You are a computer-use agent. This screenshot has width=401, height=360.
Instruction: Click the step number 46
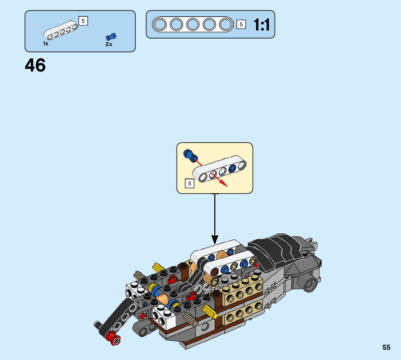click(x=35, y=66)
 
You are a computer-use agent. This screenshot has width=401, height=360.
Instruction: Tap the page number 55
click(x=386, y=347)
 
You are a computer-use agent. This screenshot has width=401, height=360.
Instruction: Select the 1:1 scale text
click(x=261, y=25)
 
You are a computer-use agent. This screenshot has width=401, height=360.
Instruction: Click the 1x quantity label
click(x=46, y=44)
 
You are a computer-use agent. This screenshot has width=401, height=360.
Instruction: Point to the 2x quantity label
click(x=109, y=44)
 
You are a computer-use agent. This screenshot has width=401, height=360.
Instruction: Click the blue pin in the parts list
click(x=111, y=36)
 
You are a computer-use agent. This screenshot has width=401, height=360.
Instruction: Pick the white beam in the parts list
click(x=61, y=31)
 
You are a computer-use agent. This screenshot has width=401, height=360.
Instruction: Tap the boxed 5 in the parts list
click(x=83, y=21)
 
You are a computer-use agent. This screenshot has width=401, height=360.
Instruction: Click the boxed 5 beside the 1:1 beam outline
click(x=241, y=25)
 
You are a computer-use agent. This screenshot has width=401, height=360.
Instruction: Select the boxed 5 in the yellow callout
click(x=189, y=184)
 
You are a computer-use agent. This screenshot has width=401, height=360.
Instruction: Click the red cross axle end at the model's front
click(x=116, y=340)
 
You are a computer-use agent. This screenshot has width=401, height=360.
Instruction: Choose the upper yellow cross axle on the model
click(x=158, y=268)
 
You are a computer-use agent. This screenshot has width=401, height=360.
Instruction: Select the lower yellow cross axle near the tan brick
click(x=210, y=311)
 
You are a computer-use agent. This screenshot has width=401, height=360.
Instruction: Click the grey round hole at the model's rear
click(x=310, y=283)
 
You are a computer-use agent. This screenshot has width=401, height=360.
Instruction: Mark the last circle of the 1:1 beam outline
click(x=226, y=25)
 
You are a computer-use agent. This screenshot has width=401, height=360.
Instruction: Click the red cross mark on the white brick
click(x=144, y=315)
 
